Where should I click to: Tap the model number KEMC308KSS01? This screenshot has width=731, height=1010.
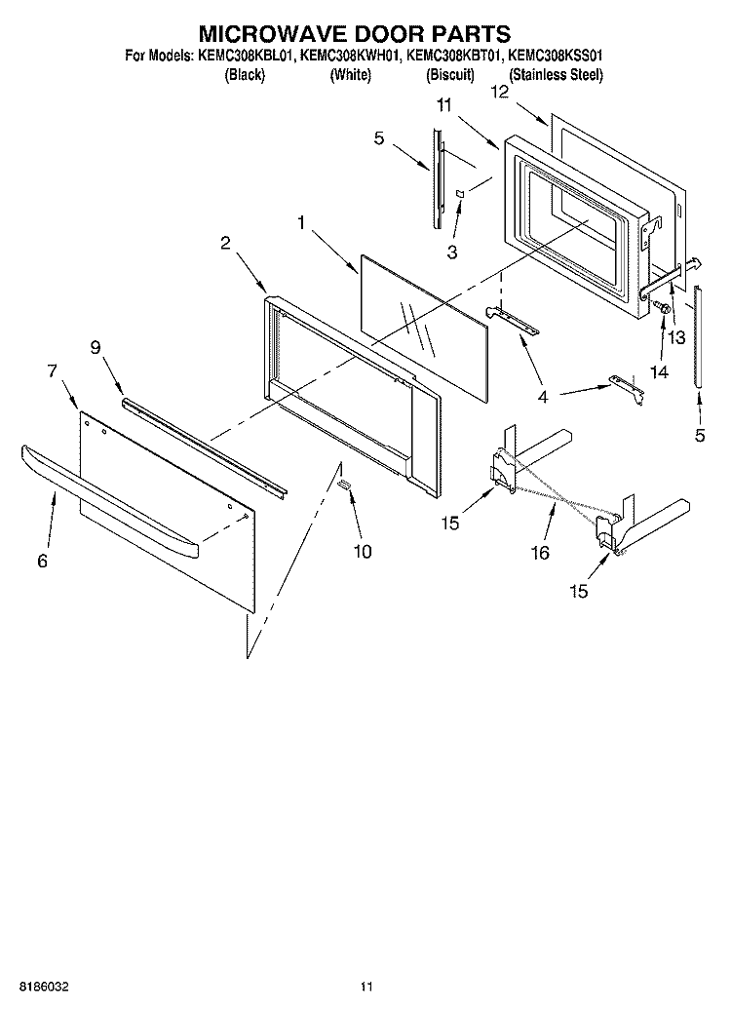tap(556, 57)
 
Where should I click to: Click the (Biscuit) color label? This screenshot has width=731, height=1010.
tap(450, 74)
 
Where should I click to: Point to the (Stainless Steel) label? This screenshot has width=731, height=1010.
tap(556, 74)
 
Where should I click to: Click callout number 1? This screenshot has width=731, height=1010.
tap(303, 223)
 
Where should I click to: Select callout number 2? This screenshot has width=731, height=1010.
tap(225, 244)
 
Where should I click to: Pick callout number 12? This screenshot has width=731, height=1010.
tap(500, 93)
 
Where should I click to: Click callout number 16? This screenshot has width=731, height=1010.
tap(539, 553)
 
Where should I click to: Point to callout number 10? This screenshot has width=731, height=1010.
tap(362, 551)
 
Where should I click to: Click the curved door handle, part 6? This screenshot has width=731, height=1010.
tap(107, 495)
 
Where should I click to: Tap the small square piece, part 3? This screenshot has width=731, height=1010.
tap(460, 194)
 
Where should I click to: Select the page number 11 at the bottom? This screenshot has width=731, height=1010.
tap(365, 987)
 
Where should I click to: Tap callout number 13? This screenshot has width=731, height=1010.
tap(675, 336)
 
